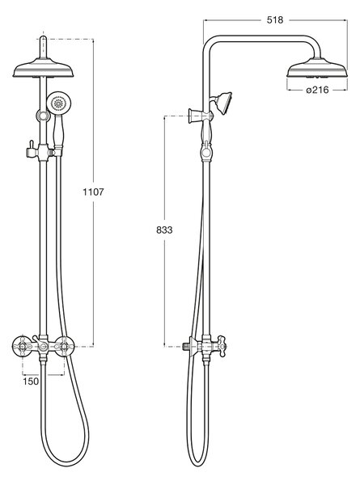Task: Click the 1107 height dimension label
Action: coord(93,192)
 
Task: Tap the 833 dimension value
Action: coord(164,230)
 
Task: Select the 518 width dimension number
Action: coord(275,20)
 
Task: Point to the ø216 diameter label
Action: coord(317,90)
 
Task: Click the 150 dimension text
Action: coord(31,382)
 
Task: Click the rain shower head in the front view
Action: coord(44,69)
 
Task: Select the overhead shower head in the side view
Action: coord(317,68)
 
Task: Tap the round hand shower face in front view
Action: coord(58,103)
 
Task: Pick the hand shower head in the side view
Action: coord(223,103)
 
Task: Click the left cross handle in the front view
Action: coord(23,347)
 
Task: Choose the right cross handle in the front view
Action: coord(65,347)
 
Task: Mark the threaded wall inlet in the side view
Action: coord(185,347)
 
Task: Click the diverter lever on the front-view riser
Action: coord(31,148)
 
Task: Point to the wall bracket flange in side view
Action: coord(193,116)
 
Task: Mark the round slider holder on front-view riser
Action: coord(44,116)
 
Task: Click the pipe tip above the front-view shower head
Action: coord(44,38)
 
